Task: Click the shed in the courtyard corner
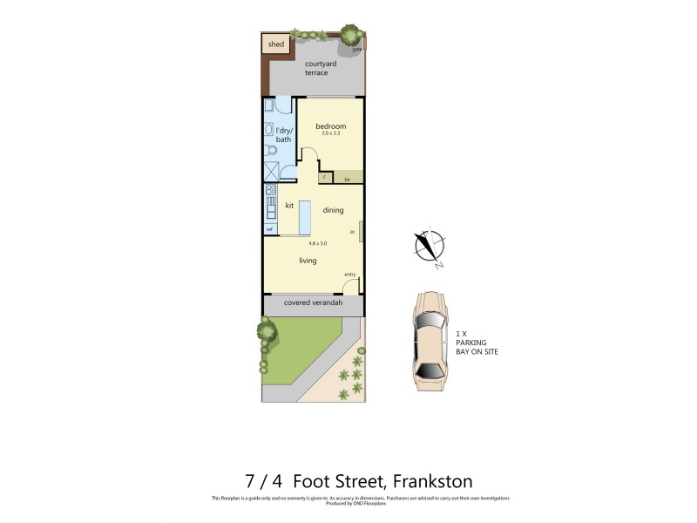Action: point(275,44)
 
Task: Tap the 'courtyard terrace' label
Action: point(316,68)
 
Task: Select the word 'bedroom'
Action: point(330,126)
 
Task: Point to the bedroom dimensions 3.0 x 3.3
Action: point(330,133)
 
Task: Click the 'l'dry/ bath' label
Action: point(284,134)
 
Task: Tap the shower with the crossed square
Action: point(272,171)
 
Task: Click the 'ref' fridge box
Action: point(270,229)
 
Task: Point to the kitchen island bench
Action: point(304,218)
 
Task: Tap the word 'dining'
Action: point(333,210)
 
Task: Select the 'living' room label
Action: point(308,261)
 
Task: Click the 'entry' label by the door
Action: point(349,275)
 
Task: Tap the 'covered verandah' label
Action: point(314,303)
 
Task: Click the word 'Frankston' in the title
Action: point(432,481)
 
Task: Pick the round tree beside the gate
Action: point(350,35)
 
